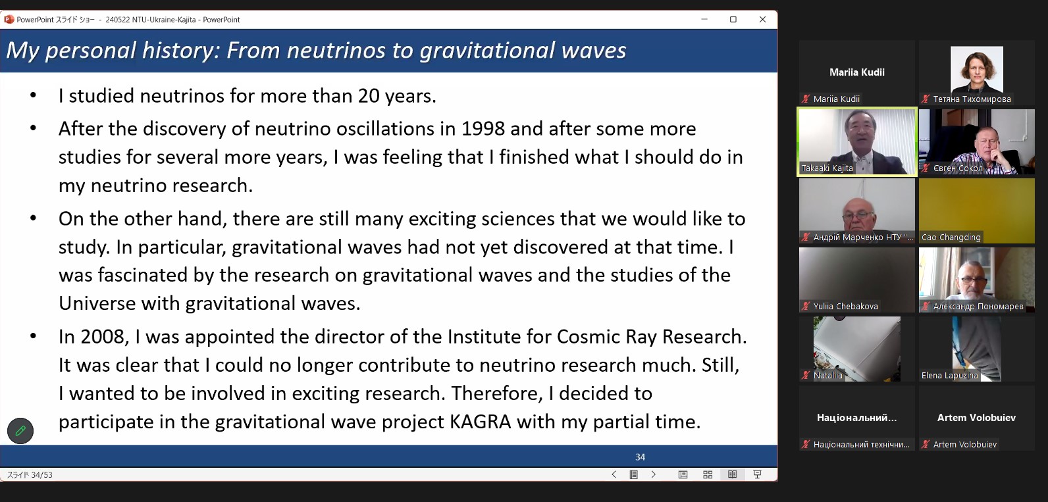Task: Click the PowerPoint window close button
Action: point(762,20)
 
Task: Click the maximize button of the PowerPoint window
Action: point(733,20)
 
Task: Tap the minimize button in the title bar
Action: point(704,19)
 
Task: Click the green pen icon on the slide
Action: point(20,430)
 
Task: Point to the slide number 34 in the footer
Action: point(640,457)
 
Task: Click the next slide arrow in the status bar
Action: point(654,474)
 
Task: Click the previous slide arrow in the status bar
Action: point(614,474)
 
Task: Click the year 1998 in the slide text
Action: point(483,128)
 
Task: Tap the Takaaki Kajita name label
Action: point(827,168)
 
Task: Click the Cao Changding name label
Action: point(951,237)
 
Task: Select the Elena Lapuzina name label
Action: point(950,375)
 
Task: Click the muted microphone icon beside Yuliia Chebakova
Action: point(806,306)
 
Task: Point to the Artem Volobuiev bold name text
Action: point(976,417)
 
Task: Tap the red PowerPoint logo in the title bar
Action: point(9,19)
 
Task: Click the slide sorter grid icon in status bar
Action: point(708,474)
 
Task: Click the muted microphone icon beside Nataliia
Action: point(806,375)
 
